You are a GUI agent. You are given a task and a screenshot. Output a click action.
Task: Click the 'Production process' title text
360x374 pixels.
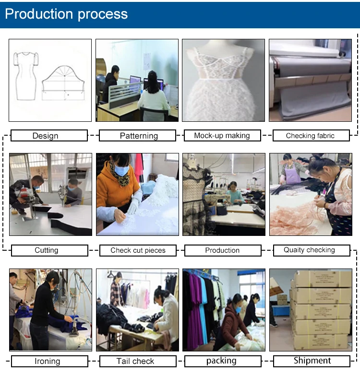click(x=66, y=14)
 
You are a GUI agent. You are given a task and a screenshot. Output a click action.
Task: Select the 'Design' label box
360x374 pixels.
click(x=46, y=136)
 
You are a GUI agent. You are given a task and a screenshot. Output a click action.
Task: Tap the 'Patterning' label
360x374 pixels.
click(x=139, y=136)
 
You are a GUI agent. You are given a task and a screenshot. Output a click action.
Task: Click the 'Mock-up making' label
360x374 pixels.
click(x=222, y=136)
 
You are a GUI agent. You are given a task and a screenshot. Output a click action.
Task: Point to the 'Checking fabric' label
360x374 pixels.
click(x=310, y=136)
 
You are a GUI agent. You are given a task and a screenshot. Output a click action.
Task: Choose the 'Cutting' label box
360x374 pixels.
click(x=47, y=250)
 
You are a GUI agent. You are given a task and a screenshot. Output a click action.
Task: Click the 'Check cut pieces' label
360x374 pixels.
click(x=138, y=250)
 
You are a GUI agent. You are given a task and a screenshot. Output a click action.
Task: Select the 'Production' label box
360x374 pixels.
click(x=222, y=250)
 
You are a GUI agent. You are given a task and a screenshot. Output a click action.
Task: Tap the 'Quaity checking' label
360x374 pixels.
click(x=309, y=250)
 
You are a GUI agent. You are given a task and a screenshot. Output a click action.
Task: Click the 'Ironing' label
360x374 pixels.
click(x=47, y=361)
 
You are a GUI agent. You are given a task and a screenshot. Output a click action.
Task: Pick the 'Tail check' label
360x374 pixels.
click(x=135, y=361)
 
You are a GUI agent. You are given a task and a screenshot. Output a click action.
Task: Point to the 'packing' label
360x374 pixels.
click(x=221, y=361)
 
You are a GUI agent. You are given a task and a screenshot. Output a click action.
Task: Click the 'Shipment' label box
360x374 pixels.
click(x=312, y=361)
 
